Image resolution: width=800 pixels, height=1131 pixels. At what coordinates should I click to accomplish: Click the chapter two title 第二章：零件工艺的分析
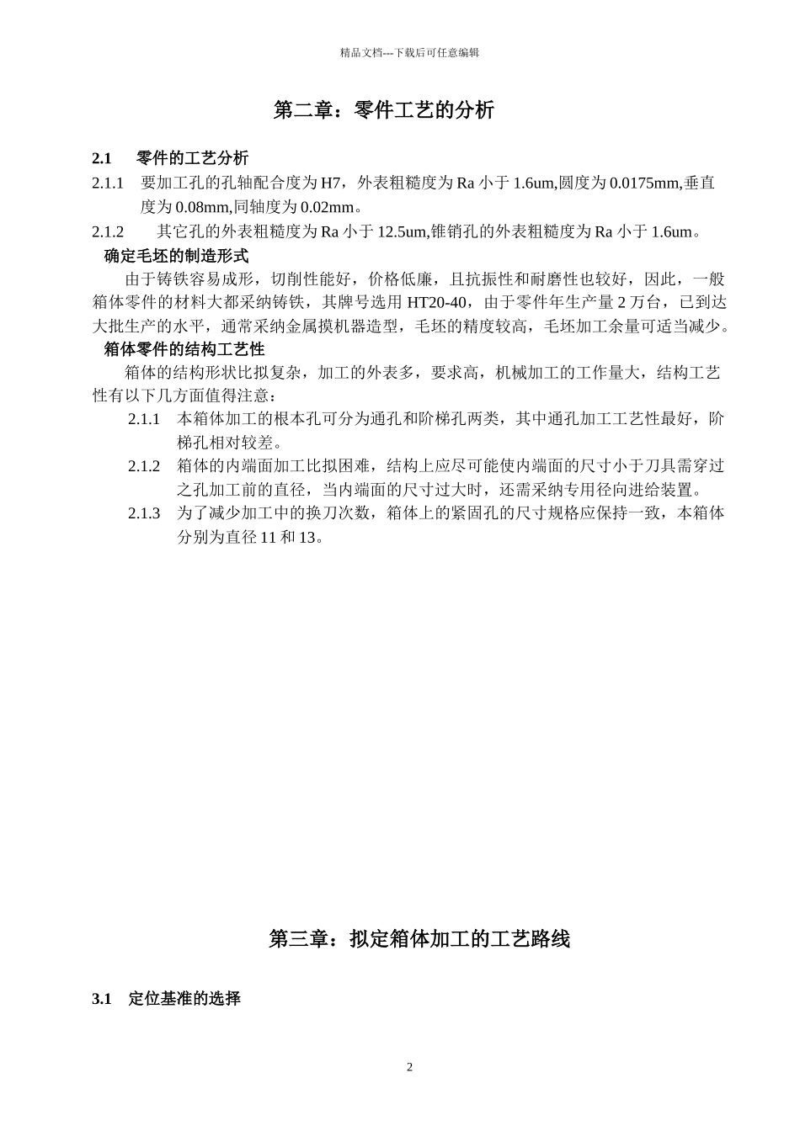[384, 110]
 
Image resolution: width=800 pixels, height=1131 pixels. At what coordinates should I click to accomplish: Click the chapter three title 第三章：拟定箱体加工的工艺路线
[419, 939]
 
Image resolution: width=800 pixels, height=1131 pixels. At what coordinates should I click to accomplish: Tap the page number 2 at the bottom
[410, 1068]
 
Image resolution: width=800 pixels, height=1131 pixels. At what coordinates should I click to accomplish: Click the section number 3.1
[102, 999]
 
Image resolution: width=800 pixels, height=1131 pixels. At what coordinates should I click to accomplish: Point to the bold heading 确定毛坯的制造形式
[176, 256]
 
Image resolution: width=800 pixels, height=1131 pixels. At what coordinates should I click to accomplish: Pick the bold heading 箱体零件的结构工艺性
[184, 348]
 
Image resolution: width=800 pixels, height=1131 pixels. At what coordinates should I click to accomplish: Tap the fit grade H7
[330, 183]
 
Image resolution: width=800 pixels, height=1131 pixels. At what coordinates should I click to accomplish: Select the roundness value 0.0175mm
[644, 183]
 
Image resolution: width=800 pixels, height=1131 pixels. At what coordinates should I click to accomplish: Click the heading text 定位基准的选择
[184, 999]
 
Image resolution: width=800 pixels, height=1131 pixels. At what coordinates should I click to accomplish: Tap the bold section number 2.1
[102, 158]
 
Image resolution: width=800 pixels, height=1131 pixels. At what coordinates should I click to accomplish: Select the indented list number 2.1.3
[144, 513]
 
